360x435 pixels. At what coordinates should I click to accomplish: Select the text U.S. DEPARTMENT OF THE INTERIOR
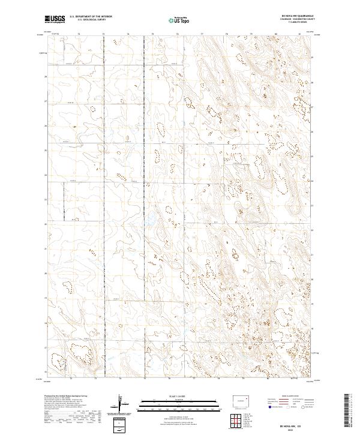91,17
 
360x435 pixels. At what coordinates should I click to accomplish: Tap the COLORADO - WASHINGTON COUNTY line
289,21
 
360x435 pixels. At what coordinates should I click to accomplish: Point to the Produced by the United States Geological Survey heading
66,397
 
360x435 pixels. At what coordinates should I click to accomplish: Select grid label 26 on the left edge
46,126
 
